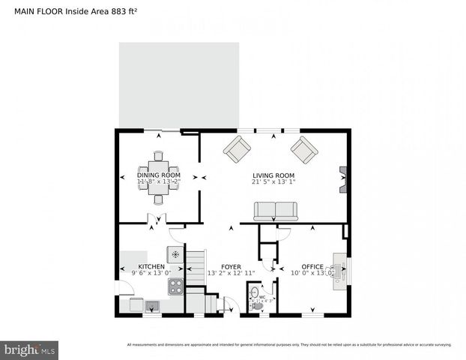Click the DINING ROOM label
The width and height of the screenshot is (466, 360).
[157, 175]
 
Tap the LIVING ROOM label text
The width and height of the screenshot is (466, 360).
[273, 175]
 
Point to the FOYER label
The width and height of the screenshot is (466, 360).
[230, 266]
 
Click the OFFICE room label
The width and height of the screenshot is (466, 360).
[312, 266]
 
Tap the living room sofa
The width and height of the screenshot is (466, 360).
[275, 211]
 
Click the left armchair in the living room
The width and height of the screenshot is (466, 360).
[237, 149]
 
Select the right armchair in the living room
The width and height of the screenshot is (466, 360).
[304, 149]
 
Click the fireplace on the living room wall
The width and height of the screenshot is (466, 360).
[343, 180]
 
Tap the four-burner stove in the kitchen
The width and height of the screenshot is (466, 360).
[175, 286]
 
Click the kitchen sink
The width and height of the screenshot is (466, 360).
[152, 305]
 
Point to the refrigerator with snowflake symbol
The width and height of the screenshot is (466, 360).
[175, 254]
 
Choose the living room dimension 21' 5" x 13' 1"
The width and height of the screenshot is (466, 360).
[273, 181]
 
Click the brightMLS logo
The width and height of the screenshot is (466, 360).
[30, 349]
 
